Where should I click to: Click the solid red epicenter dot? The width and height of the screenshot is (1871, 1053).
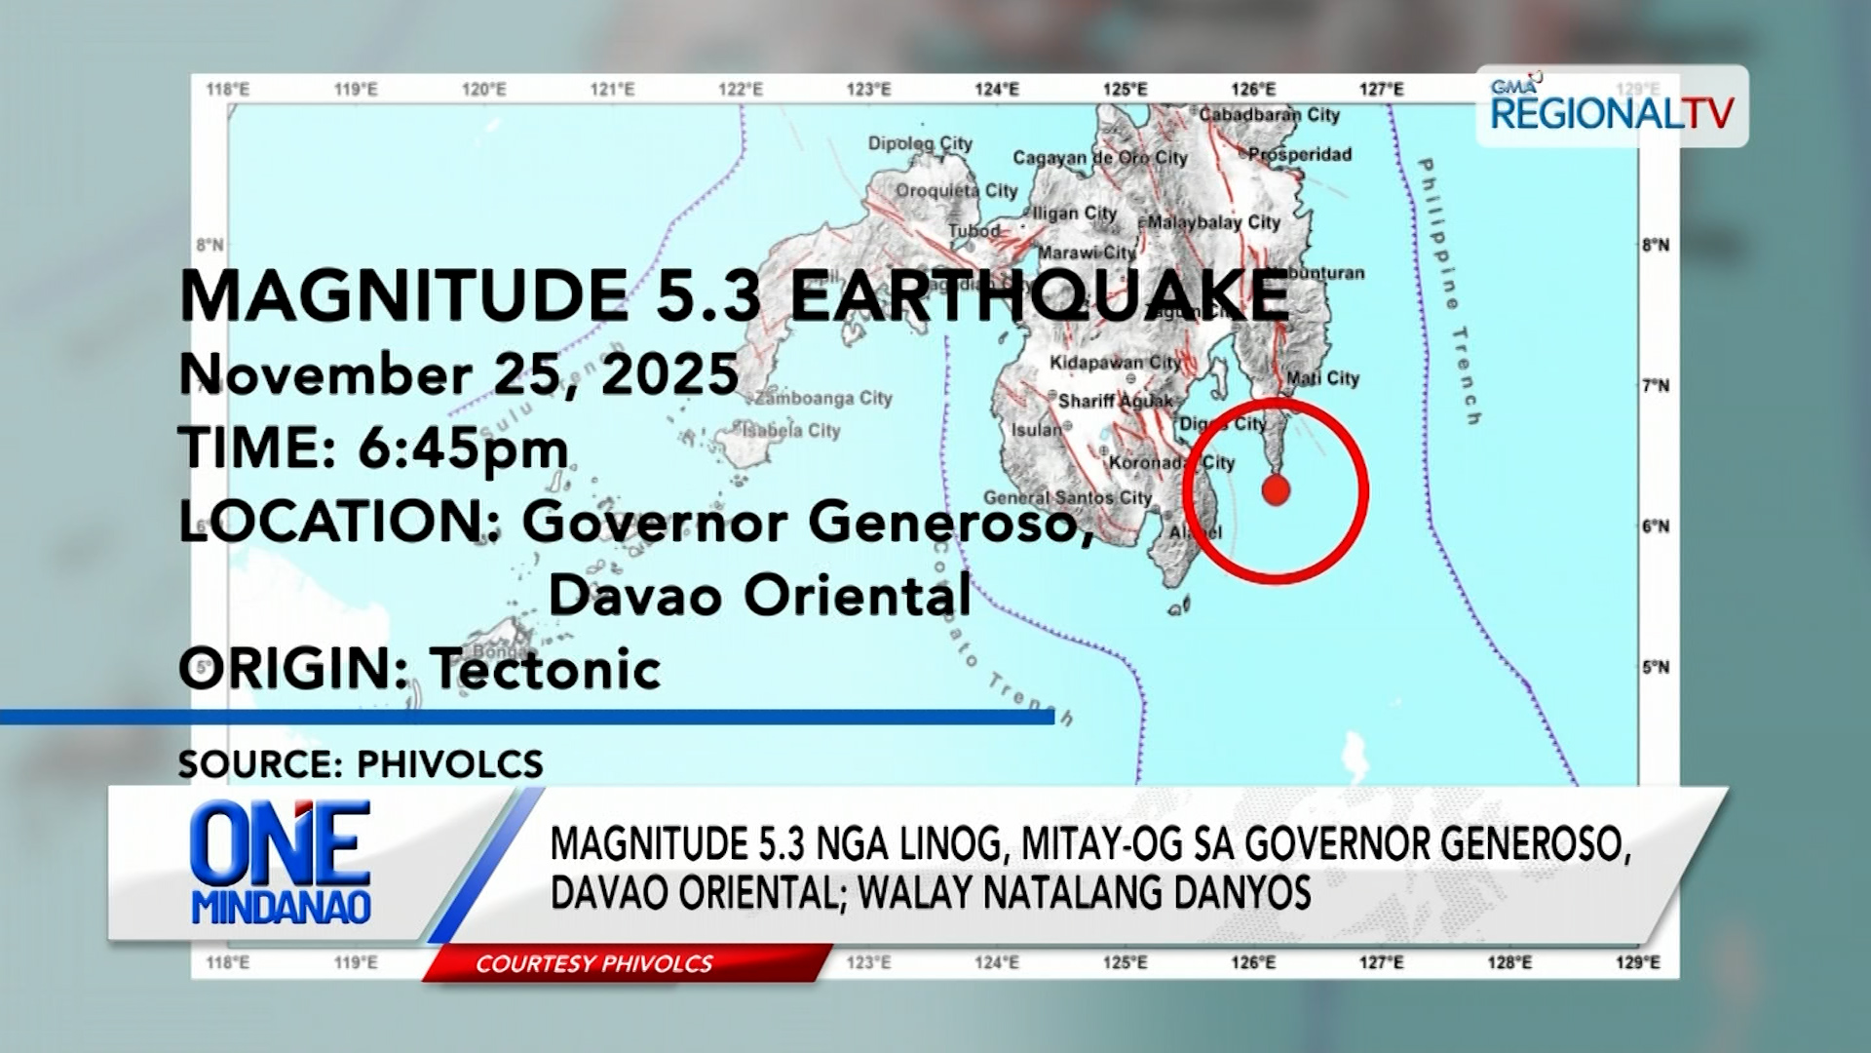(x=1276, y=490)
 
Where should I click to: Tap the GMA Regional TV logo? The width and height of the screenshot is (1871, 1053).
(x=1612, y=106)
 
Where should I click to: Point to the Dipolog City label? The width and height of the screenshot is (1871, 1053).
(x=920, y=144)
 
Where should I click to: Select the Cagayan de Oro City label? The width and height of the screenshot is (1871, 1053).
(x=1099, y=158)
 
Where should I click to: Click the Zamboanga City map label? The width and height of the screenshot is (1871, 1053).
(x=824, y=398)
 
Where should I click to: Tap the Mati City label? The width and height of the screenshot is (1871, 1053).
(x=1322, y=378)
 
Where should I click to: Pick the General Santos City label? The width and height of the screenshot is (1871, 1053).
(x=1067, y=498)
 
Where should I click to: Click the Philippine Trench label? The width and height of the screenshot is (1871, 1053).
(x=1450, y=291)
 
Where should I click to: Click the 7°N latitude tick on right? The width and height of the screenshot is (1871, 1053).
(x=1655, y=386)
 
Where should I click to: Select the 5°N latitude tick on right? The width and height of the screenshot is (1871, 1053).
(x=1655, y=668)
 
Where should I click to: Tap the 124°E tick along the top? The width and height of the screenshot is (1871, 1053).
(x=996, y=90)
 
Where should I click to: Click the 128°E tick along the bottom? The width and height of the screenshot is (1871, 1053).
(x=1508, y=962)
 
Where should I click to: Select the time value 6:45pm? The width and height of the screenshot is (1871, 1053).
(x=463, y=448)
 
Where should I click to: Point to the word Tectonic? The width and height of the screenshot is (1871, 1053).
(x=546, y=669)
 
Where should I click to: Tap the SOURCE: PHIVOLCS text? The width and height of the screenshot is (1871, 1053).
(x=361, y=763)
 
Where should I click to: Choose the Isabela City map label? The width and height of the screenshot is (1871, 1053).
(x=790, y=430)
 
